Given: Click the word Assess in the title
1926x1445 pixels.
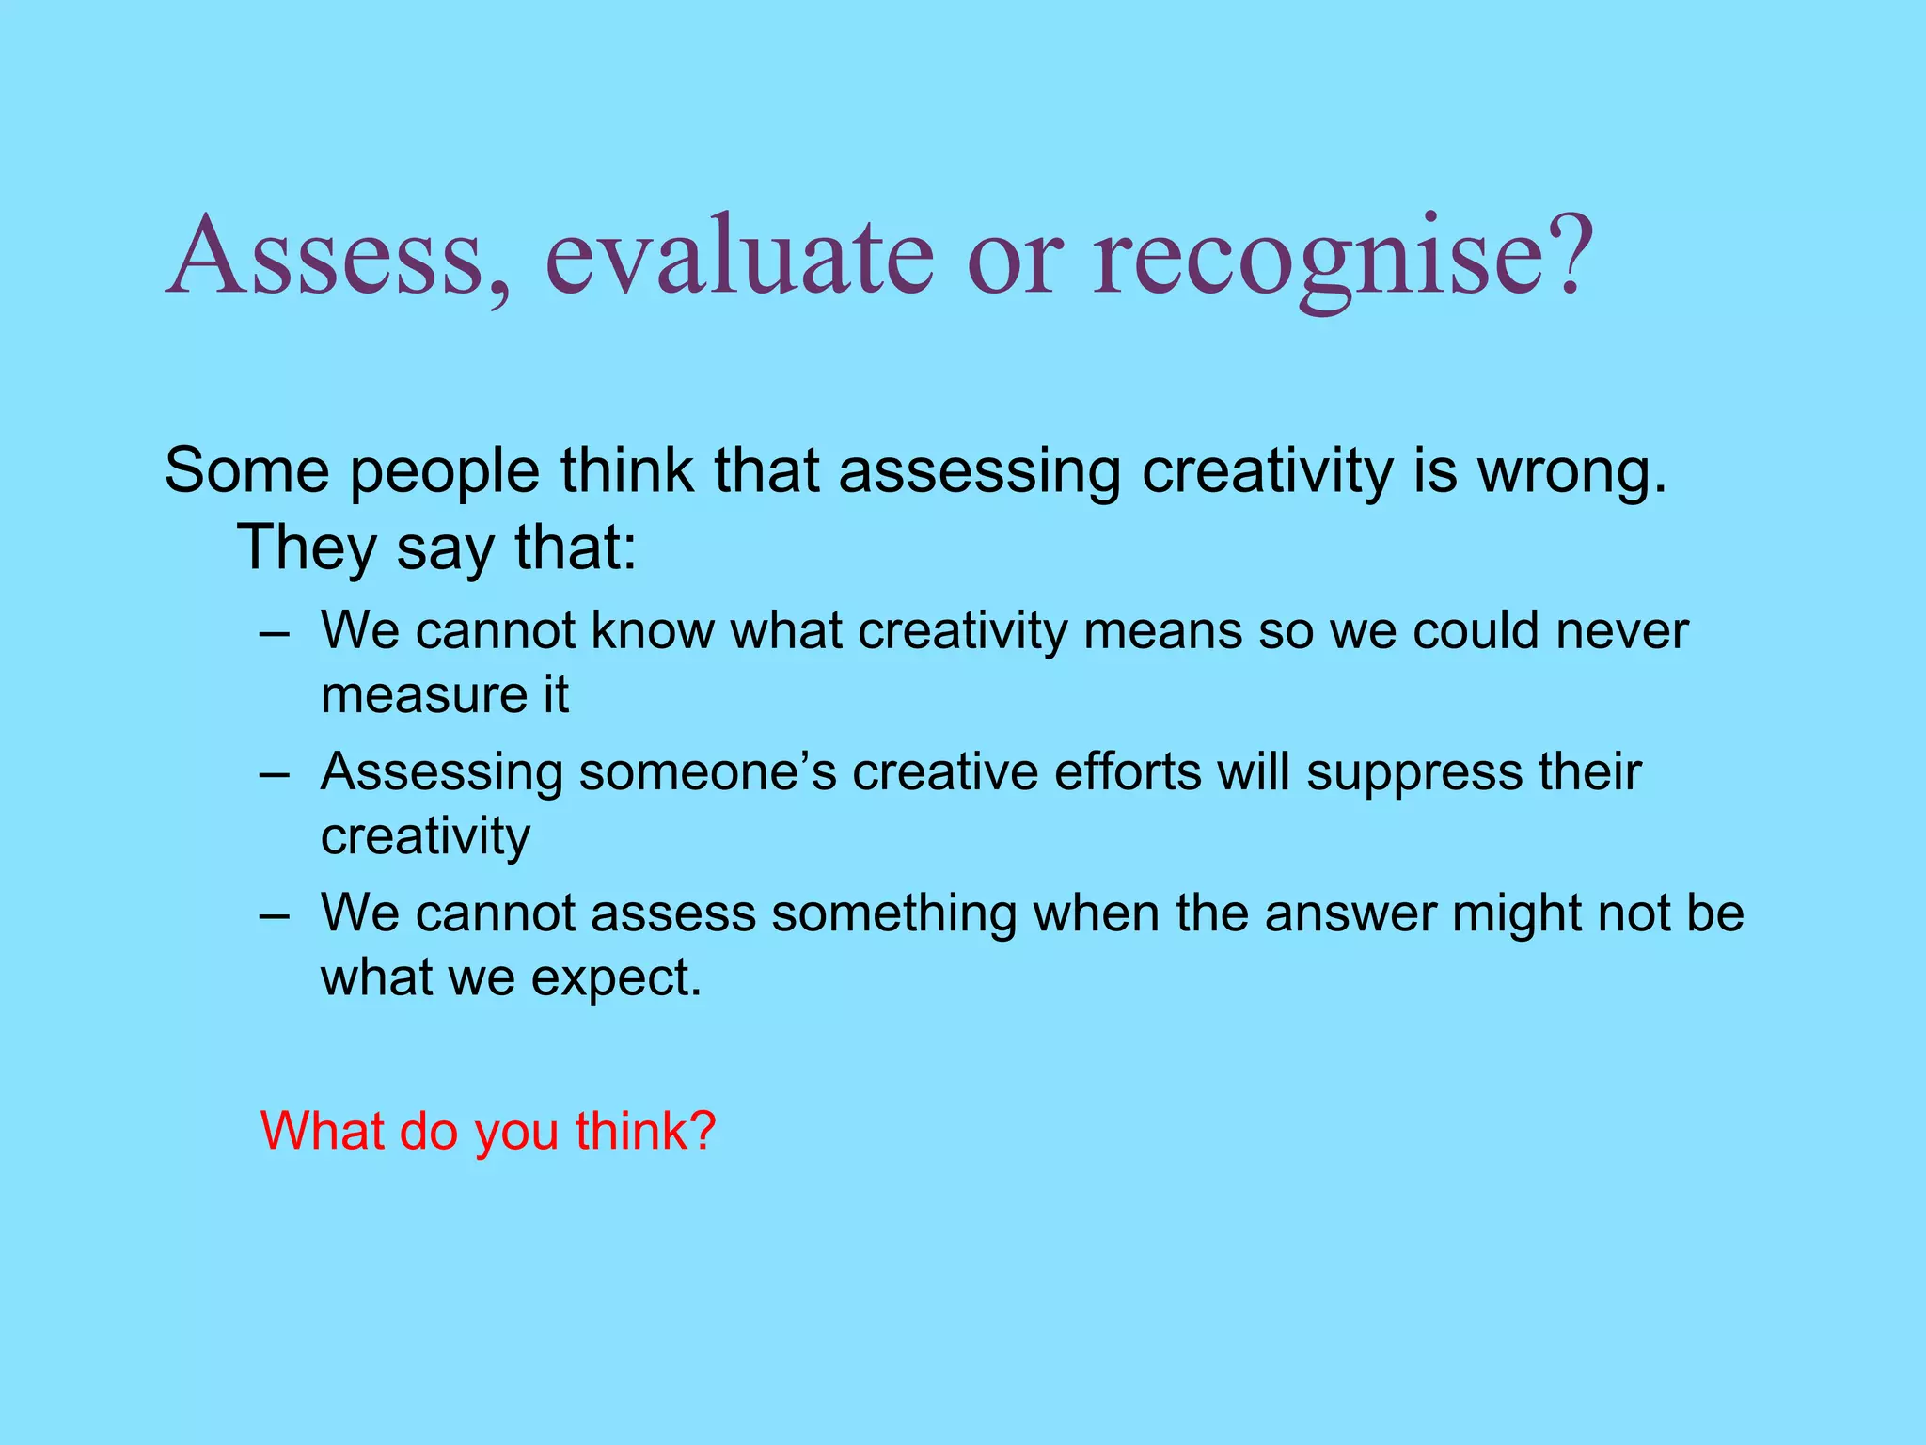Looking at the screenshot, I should tap(324, 256).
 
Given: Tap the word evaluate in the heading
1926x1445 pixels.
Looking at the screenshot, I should tap(739, 256).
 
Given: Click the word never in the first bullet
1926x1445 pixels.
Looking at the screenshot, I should tap(1621, 631).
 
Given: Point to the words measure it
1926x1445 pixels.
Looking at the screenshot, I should tap(445, 696).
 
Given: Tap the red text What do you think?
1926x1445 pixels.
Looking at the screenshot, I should tap(488, 1131).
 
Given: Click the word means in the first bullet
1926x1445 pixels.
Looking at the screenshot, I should tap(1162, 631).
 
